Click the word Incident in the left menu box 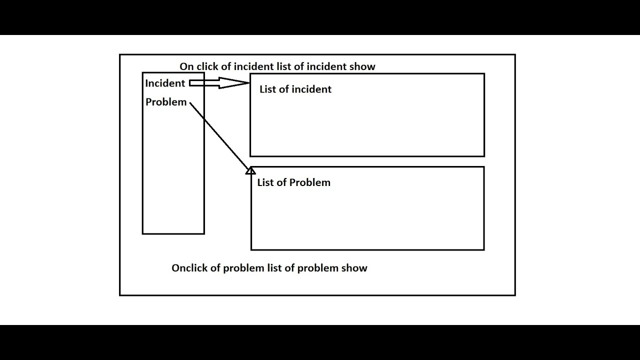pyautogui.click(x=165, y=83)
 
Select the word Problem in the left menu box pyautogui.click(x=166, y=102)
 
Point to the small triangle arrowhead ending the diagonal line pyautogui.click(x=250, y=171)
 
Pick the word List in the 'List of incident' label pyautogui.click(x=268, y=89)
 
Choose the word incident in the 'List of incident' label pyautogui.click(x=311, y=89)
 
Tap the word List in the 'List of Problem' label pyautogui.click(x=265, y=182)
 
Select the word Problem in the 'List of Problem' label pyautogui.click(x=310, y=182)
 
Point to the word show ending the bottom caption pyautogui.click(x=354, y=268)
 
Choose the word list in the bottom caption pyautogui.click(x=274, y=268)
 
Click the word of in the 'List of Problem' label pyautogui.click(x=281, y=182)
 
